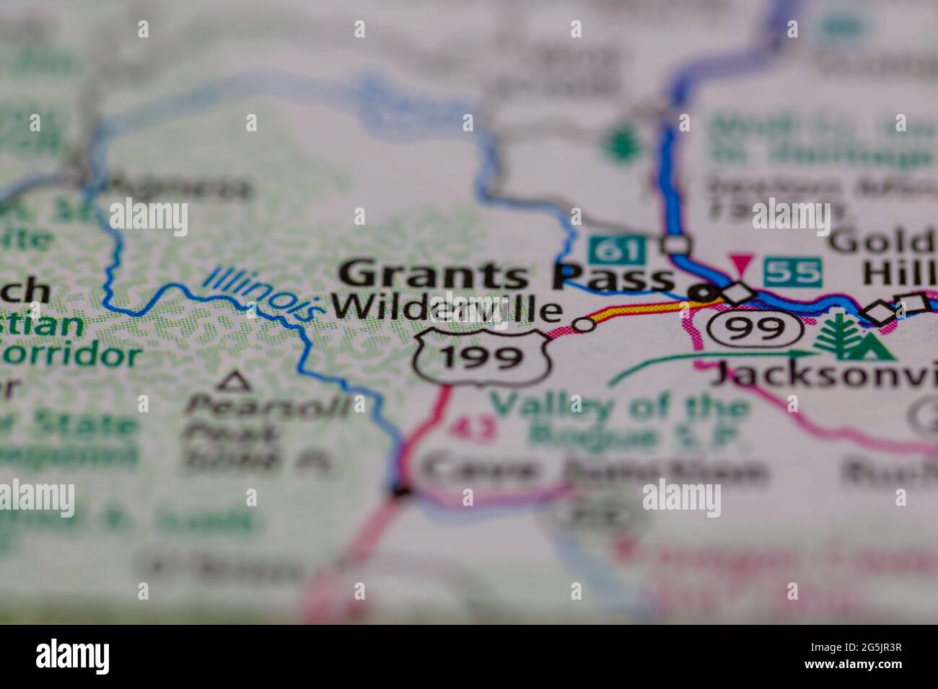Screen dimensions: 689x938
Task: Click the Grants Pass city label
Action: point(505,275)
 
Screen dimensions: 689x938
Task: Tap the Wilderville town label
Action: point(447,309)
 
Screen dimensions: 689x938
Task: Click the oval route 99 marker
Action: point(755,329)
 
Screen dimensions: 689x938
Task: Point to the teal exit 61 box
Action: point(615,251)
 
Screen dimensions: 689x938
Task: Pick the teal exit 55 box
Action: point(793,272)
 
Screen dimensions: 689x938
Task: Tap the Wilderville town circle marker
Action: point(584,325)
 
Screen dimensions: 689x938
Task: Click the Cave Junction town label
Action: point(592,472)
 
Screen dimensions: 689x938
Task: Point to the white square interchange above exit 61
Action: point(676,245)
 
